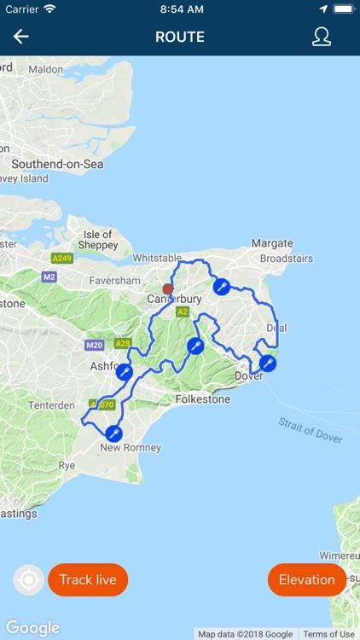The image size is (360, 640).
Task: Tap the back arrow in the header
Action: coord(21,37)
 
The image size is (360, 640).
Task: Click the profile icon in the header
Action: coord(321,37)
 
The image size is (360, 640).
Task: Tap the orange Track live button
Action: coord(88,580)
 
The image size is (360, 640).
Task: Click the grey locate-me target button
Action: coord(28,581)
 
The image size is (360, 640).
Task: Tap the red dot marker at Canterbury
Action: coord(167,289)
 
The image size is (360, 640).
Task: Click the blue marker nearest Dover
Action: coord(268,364)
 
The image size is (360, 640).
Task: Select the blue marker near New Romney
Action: coord(113,434)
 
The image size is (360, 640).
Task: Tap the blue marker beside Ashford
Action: coord(124,372)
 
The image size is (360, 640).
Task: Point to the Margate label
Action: coord(272,243)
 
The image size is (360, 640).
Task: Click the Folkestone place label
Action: coord(202,399)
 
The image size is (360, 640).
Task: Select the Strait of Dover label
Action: coord(310,430)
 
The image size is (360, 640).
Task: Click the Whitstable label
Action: coord(158,258)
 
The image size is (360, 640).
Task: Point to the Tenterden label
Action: coord(51,405)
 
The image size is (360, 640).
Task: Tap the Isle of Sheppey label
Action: coord(98,240)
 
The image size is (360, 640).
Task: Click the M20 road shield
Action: coord(94,346)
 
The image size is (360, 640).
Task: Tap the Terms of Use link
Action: coord(328,634)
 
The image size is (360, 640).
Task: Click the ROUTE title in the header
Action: coord(180,38)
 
